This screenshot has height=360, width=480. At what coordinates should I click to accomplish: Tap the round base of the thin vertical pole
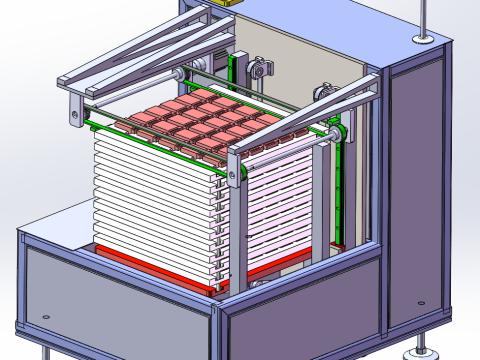pyautogui.click(x=425, y=40)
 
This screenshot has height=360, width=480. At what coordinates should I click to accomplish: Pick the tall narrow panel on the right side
pyautogui.click(x=414, y=190)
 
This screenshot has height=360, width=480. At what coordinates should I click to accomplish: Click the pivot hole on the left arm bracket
pyautogui.click(x=75, y=118)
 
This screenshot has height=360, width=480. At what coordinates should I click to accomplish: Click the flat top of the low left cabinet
pyautogui.click(x=55, y=225)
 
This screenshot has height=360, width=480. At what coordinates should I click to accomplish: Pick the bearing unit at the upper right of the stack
pyautogui.click(x=325, y=92)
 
